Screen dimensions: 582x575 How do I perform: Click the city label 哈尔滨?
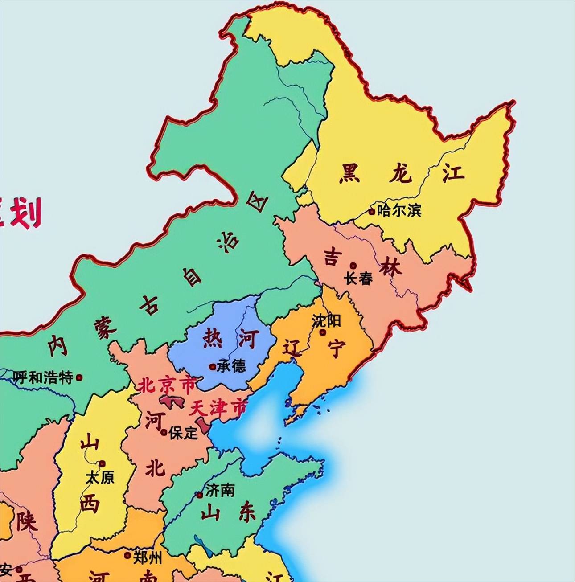[399, 210]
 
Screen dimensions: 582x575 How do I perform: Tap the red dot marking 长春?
[353, 266]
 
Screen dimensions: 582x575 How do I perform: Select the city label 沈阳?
[326, 320]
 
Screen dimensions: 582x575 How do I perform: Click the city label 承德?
[231, 366]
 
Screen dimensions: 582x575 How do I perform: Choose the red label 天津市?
[218, 408]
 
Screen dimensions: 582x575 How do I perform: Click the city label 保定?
[183, 432]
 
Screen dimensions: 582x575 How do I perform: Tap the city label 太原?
[100, 478]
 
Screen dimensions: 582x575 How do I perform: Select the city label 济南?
[220, 491]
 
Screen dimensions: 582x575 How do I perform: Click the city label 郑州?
[148, 557]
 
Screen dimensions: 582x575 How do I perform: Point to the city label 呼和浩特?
[43, 378]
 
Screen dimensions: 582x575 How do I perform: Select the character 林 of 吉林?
[390, 268]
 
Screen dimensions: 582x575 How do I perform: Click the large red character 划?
[25, 213]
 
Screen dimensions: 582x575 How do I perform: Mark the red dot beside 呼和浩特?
[79, 377]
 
